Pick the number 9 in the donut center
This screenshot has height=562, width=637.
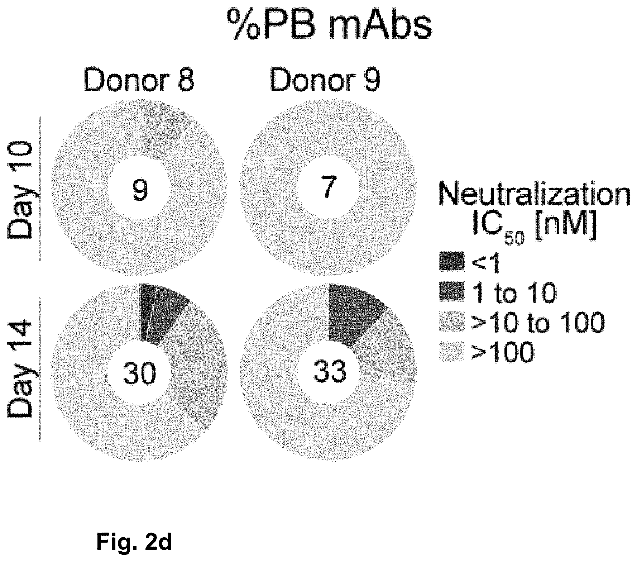coord(140,190)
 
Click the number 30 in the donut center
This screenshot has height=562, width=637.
coord(140,373)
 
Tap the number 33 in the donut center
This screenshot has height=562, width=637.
coord(330,371)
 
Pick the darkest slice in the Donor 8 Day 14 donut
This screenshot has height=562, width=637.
coord(144,312)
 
